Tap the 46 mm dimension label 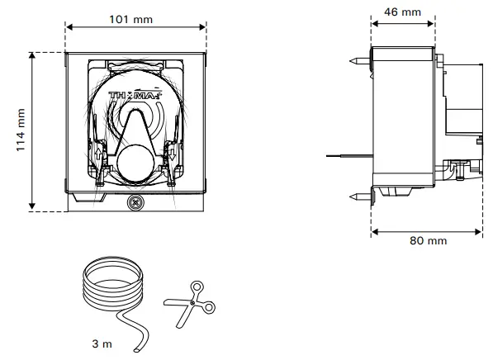403,12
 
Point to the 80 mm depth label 428,240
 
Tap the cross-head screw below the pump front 135,202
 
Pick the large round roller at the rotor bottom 134,159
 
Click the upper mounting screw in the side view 360,61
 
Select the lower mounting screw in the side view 360,196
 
